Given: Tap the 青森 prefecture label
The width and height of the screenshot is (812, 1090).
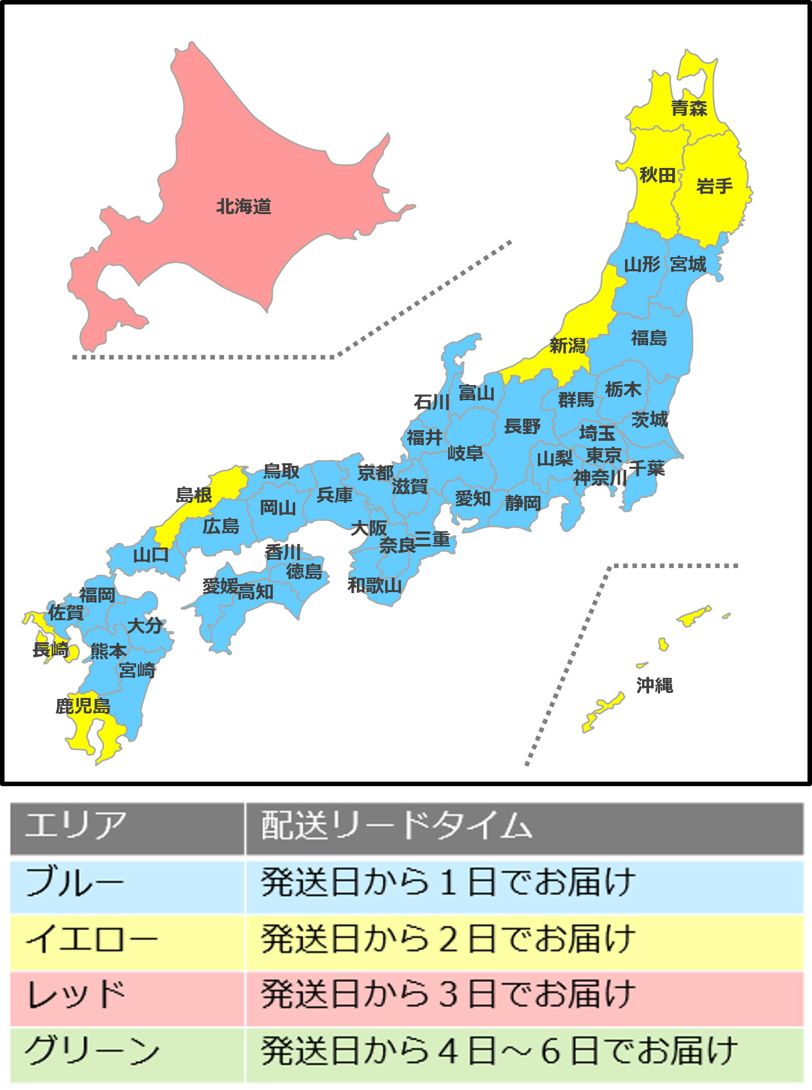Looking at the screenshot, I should [x=689, y=108].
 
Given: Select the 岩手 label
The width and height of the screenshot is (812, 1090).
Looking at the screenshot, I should [x=714, y=187].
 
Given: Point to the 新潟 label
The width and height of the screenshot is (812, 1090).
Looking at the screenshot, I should [x=567, y=345].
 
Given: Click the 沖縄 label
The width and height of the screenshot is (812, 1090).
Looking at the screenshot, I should [x=655, y=685].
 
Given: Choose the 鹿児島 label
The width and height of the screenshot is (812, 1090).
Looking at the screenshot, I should [x=83, y=706].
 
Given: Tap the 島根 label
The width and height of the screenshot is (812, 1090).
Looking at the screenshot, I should [x=194, y=495].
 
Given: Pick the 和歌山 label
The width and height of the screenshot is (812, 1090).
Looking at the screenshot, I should [x=375, y=585].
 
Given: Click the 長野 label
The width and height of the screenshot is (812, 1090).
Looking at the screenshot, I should [x=522, y=427].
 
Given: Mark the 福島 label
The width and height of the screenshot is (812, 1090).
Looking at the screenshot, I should [x=649, y=338].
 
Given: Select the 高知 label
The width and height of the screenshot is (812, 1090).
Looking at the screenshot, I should [x=256, y=592].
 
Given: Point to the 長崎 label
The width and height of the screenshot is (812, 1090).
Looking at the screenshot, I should [x=51, y=650].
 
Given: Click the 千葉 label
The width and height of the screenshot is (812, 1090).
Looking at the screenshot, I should [x=647, y=468].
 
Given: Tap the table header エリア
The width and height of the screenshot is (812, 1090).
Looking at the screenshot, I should [x=75, y=825].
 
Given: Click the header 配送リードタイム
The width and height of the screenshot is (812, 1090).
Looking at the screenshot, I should [x=396, y=825].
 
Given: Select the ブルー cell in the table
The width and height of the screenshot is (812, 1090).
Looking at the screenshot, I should [x=75, y=882].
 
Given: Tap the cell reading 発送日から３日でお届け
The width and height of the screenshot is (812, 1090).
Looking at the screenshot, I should [x=449, y=995].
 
